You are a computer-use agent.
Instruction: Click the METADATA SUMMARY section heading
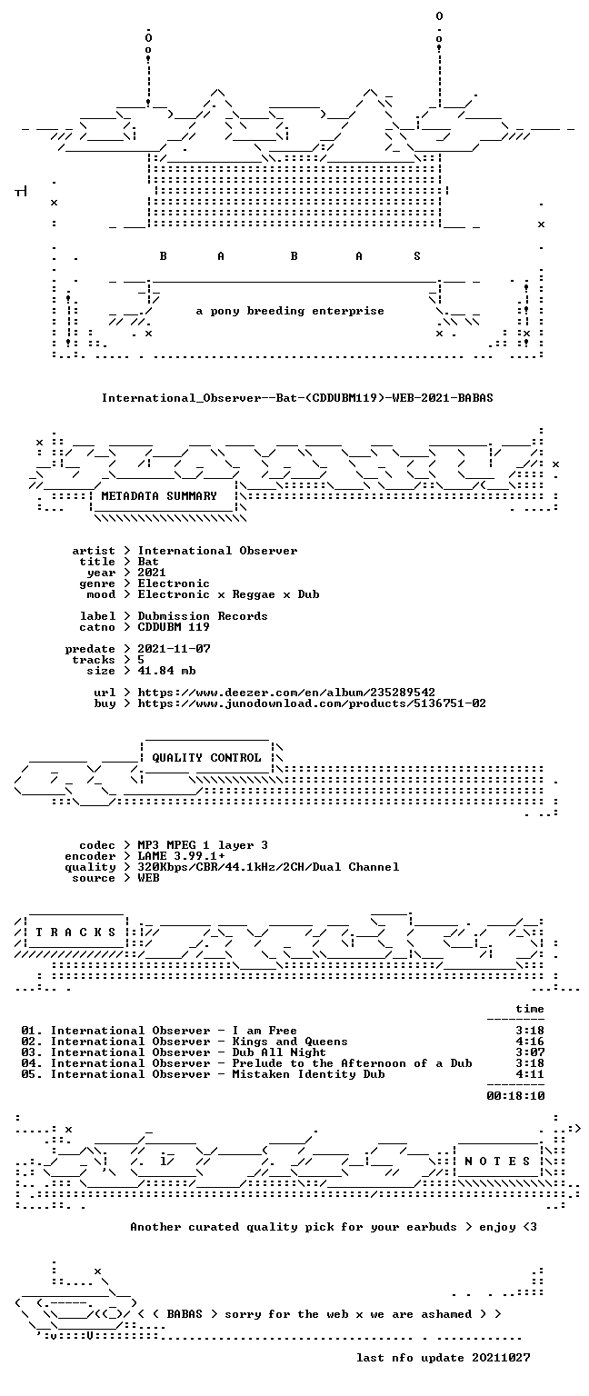click(x=159, y=496)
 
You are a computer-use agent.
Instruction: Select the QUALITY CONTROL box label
click(x=206, y=758)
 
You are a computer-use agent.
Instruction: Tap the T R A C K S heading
click(x=75, y=932)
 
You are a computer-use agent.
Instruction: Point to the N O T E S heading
click(x=497, y=1161)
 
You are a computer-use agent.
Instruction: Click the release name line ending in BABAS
click(x=297, y=397)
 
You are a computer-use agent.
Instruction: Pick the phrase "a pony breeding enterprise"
click(x=290, y=311)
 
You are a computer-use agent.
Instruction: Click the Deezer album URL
click(x=286, y=693)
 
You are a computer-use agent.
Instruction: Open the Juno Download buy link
click(x=312, y=703)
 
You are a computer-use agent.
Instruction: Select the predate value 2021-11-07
click(x=174, y=649)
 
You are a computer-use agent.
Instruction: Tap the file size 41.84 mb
click(x=166, y=671)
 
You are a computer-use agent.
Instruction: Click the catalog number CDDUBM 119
click(x=174, y=627)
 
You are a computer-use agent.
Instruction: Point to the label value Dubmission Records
click(x=203, y=616)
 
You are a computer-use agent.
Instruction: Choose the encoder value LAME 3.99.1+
click(x=181, y=856)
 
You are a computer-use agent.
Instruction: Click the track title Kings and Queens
click(x=290, y=1042)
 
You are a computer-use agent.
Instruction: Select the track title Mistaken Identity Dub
click(x=308, y=1074)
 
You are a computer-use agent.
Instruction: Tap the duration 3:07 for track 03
click(x=530, y=1052)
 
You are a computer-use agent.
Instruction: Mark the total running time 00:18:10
click(x=515, y=1095)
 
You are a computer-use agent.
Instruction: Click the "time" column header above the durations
click(x=530, y=1009)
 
